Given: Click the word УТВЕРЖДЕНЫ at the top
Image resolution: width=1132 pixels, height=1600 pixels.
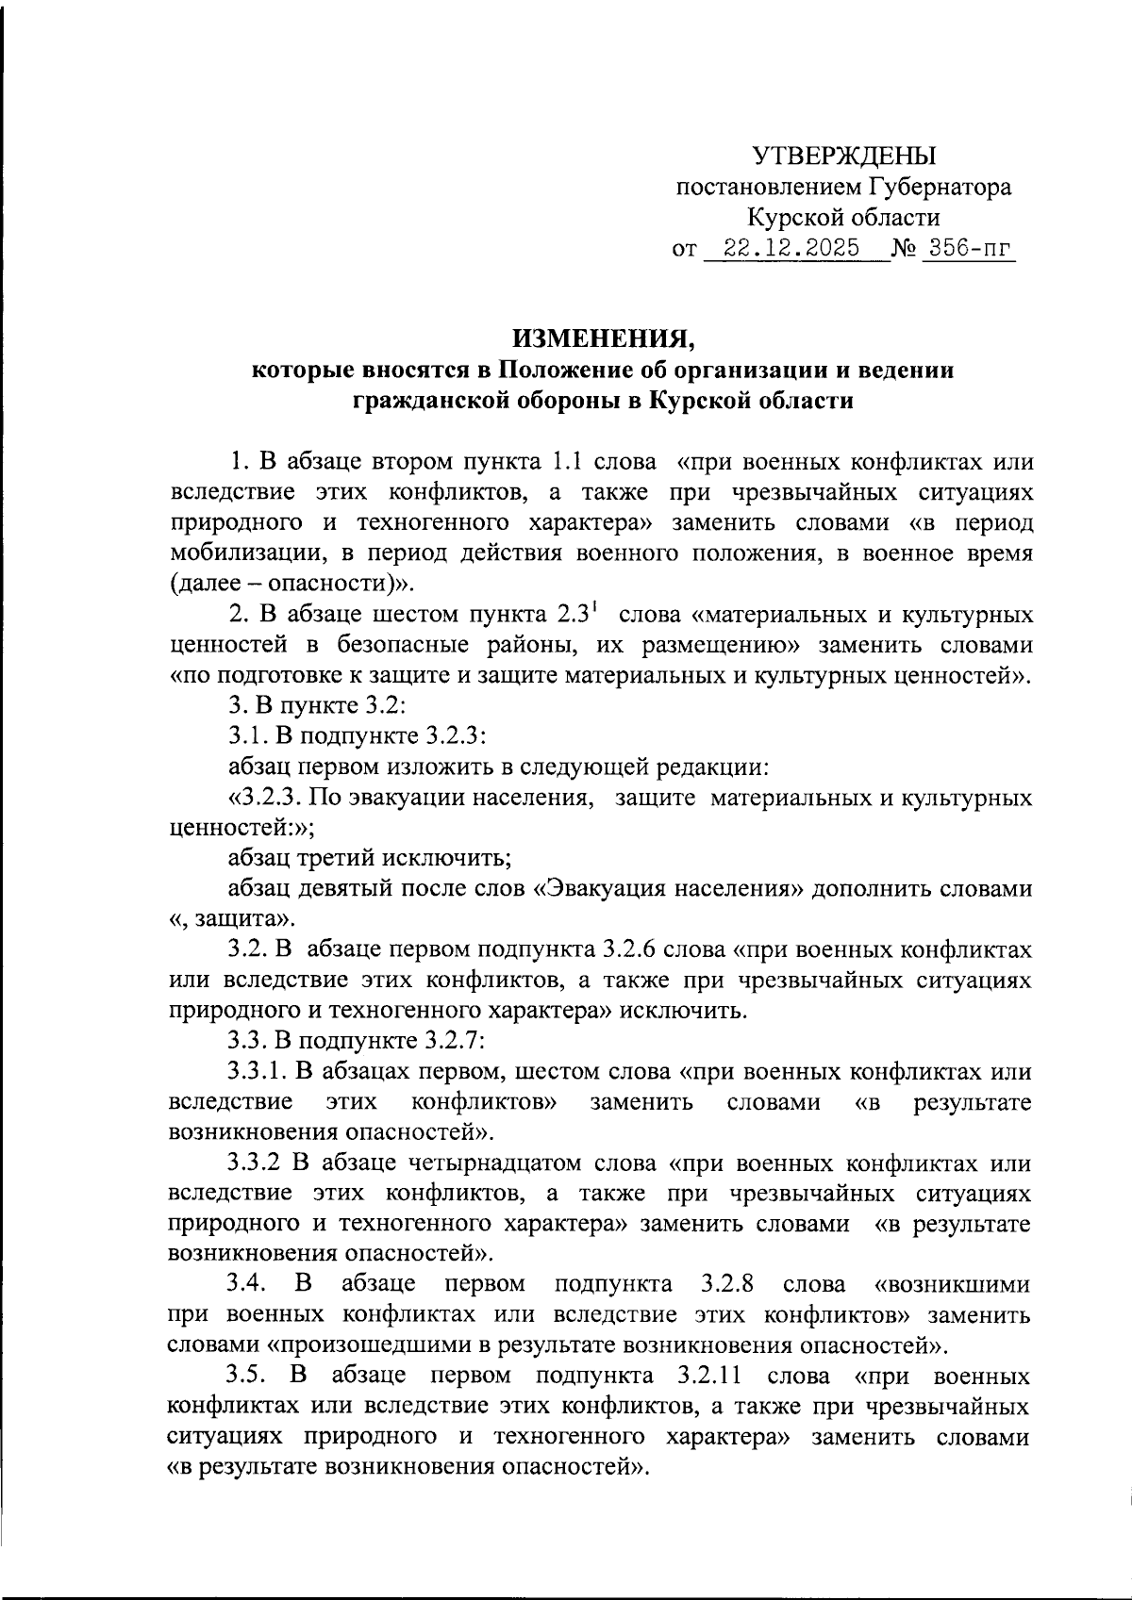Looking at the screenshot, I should pos(844,155).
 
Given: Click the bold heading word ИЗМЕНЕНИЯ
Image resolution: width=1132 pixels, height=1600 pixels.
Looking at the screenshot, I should pos(603,338).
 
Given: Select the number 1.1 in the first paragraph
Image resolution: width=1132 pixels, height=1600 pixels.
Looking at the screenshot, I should pos(558,462).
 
